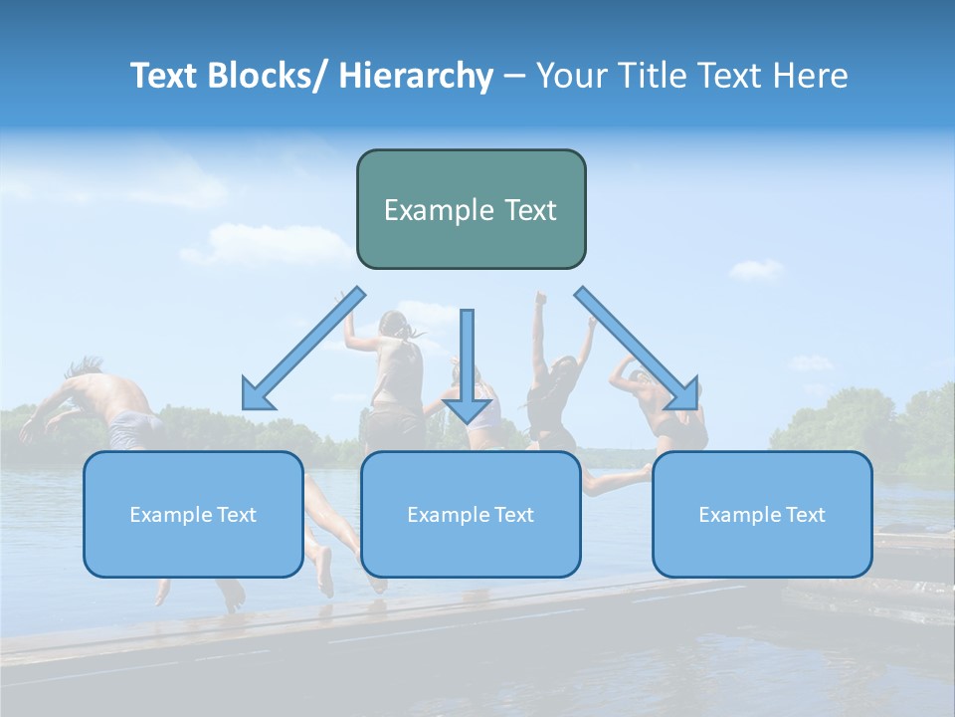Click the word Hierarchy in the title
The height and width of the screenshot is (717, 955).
(x=416, y=76)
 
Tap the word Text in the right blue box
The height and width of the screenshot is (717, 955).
(x=805, y=515)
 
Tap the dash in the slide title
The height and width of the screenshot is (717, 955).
(x=514, y=77)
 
